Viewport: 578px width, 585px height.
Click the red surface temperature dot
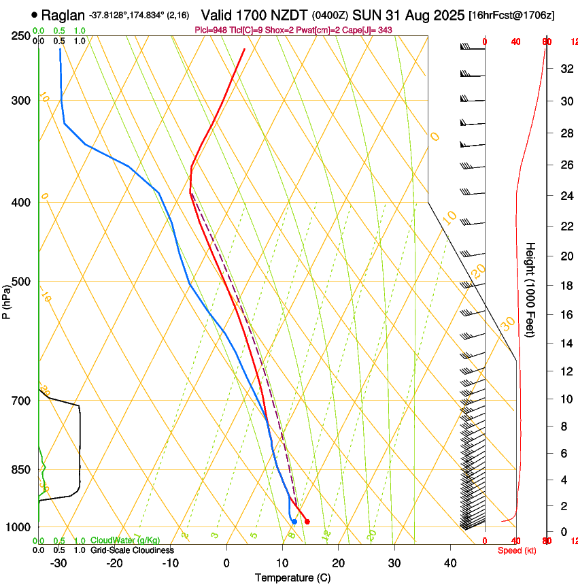(307, 522)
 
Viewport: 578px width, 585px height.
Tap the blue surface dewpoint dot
(294, 522)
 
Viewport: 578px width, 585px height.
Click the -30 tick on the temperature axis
(58, 563)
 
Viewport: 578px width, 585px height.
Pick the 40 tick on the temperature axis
(450, 563)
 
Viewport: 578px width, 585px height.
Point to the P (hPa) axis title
(6, 300)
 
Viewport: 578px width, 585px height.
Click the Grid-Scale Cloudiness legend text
(132, 550)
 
